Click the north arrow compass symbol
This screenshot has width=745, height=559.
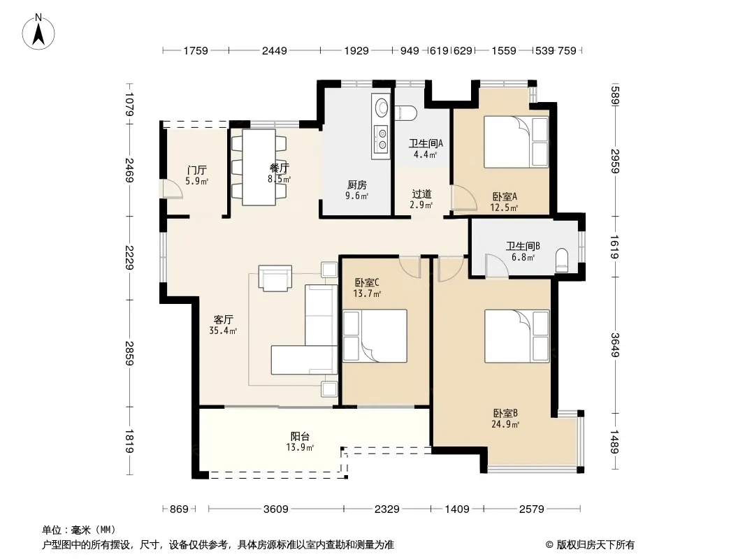(x=38, y=31)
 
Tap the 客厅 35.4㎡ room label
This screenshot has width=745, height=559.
(x=223, y=325)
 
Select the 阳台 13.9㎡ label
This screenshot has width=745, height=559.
(x=300, y=441)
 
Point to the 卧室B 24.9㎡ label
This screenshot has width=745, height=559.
(x=505, y=419)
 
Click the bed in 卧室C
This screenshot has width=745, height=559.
(x=375, y=336)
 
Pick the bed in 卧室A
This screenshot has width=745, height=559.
(x=516, y=142)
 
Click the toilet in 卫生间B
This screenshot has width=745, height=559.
(x=562, y=260)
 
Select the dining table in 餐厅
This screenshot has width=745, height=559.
(x=259, y=167)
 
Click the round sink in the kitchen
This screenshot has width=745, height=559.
(x=382, y=108)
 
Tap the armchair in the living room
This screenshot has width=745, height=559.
(x=275, y=278)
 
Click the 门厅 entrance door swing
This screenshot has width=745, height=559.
(x=171, y=189)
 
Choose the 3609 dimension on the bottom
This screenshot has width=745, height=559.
(x=275, y=509)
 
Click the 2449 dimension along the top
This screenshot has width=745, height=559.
(x=274, y=50)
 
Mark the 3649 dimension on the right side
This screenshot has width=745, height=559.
(x=615, y=344)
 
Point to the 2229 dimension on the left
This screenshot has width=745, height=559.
(x=129, y=257)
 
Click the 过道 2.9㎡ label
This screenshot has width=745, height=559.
(x=421, y=199)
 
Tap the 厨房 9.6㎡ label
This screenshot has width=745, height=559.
(x=356, y=190)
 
